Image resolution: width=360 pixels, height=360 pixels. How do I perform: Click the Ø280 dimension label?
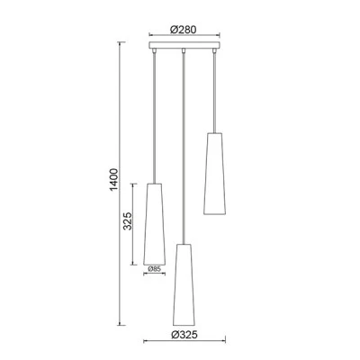(x=183, y=30)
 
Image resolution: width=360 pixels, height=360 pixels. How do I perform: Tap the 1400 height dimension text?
(x=114, y=180)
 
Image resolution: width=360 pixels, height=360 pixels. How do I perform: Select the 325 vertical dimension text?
(x=128, y=221)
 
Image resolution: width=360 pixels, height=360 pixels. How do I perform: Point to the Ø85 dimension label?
(x=155, y=269)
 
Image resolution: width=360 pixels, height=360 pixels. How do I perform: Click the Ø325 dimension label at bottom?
(x=184, y=335)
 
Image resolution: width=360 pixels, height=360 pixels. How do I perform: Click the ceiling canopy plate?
(x=184, y=45)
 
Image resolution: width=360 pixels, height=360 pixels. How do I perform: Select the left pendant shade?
(x=155, y=224)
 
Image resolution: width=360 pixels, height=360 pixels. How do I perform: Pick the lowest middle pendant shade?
(x=184, y=284)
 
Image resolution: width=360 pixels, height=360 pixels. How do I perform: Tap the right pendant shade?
(x=214, y=174)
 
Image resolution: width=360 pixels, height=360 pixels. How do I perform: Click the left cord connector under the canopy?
(x=155, y=51)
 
